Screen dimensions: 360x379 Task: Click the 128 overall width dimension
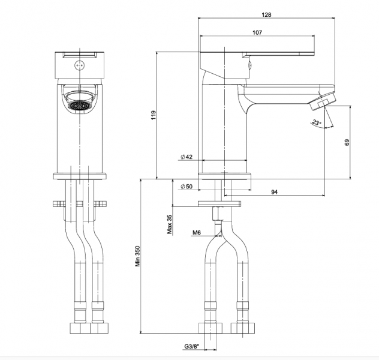point(266,14)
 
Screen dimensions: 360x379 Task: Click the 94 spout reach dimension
point(274,192)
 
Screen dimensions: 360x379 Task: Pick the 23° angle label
point(316,123)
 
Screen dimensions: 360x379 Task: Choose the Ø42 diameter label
point(186,157)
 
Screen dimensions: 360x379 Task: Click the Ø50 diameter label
point(186,187)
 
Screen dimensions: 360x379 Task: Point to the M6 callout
point(196,233)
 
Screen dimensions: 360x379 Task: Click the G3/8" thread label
point(194,347)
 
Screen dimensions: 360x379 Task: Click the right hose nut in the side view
point(244,328)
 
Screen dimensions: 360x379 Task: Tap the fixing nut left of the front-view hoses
point(58,203)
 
